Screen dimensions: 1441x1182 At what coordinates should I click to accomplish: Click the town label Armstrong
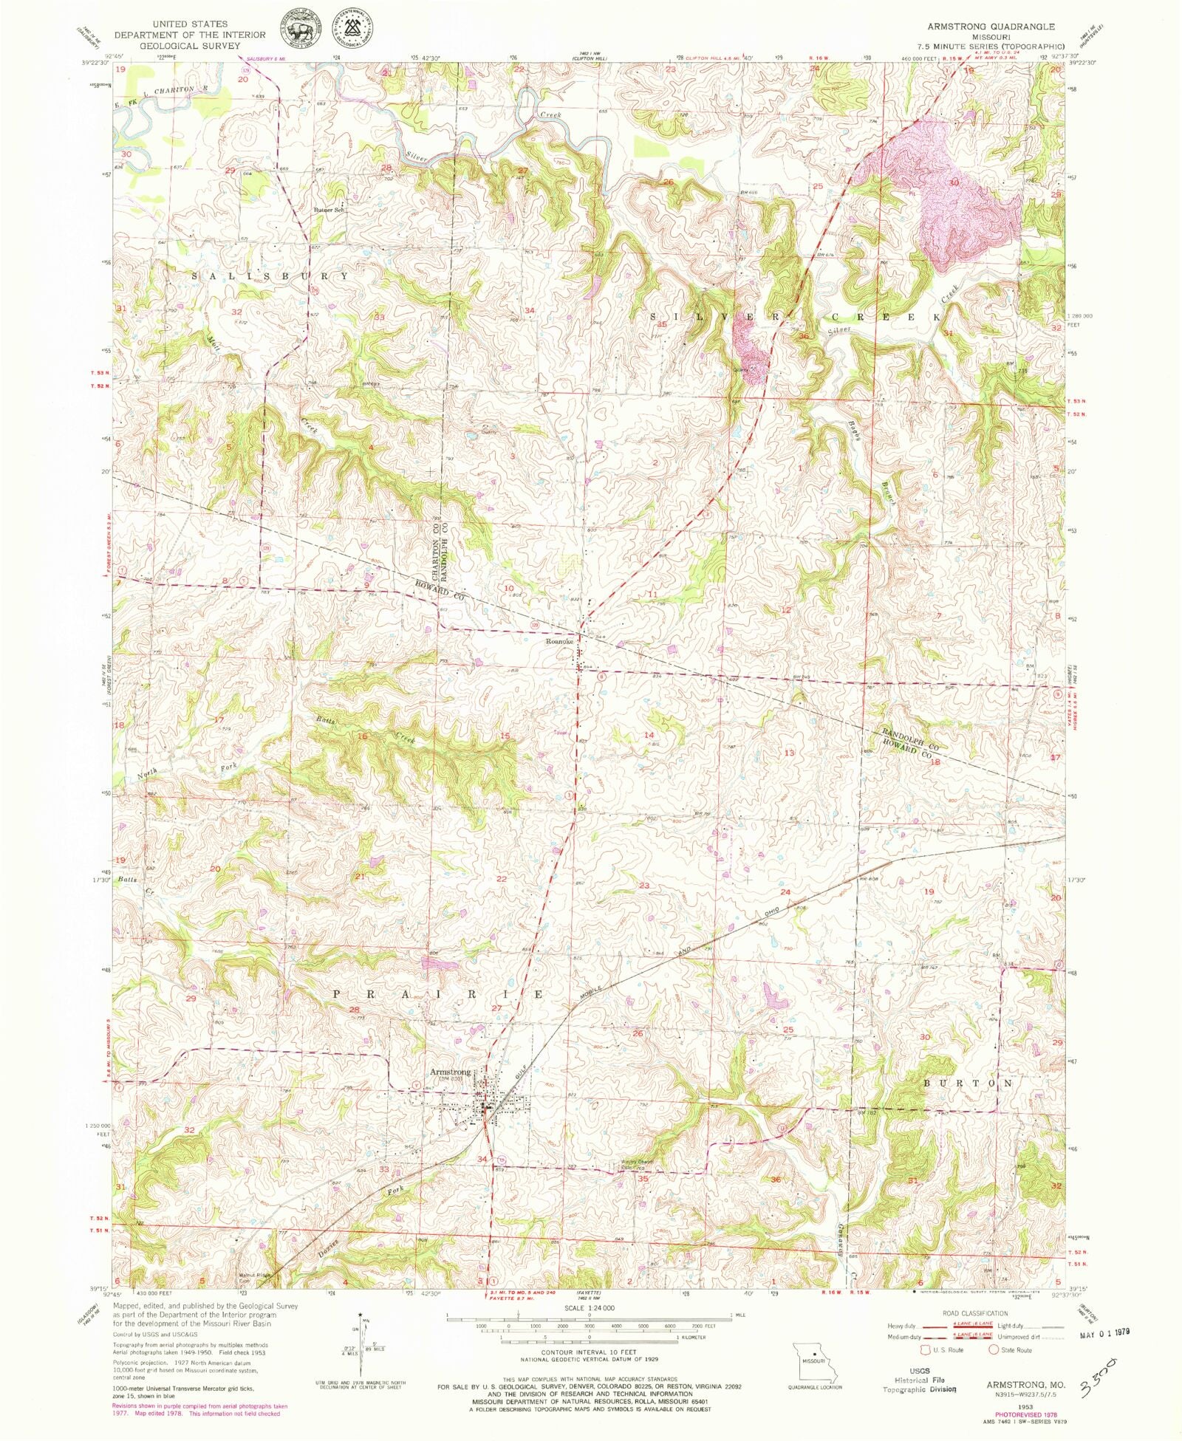tap(450, 1072)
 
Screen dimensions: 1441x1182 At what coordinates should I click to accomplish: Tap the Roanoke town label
tap(559, 642)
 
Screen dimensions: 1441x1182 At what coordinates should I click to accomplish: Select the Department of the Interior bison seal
tap(300, 31)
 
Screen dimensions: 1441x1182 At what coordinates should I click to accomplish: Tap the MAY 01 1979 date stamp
tap(1105, 1335)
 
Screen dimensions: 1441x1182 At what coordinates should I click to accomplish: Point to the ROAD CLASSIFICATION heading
tap(975, 1313)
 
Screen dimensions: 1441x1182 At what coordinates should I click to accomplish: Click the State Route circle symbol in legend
tap(994, 1350)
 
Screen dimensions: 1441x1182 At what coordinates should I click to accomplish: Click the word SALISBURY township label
tap(270, 276)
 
